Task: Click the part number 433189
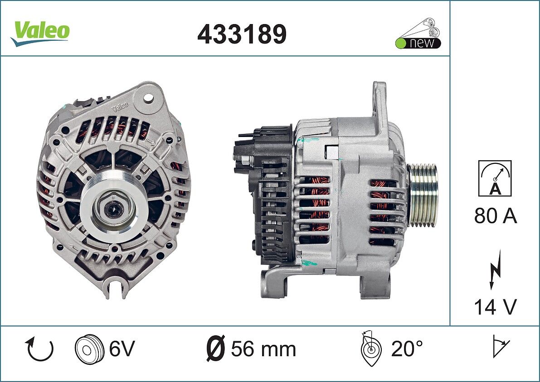click(x=242, y=34)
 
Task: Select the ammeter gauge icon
click(x=495, y=178)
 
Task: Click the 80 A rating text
click(x=495, y=216)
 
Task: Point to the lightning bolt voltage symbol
click(x=495, y=269)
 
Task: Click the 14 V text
click(x=495, y=307)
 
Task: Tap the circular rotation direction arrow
click(x=39, y=349)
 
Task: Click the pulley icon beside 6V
click(x=89, y=349)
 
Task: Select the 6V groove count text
click(x=122, y=348)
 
